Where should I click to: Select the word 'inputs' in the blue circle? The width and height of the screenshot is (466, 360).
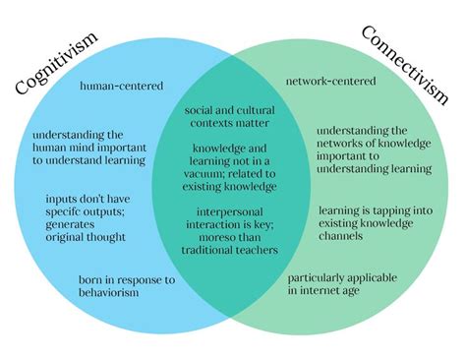coord(65,199)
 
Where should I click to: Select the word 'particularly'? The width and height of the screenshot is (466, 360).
coord(326,278)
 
